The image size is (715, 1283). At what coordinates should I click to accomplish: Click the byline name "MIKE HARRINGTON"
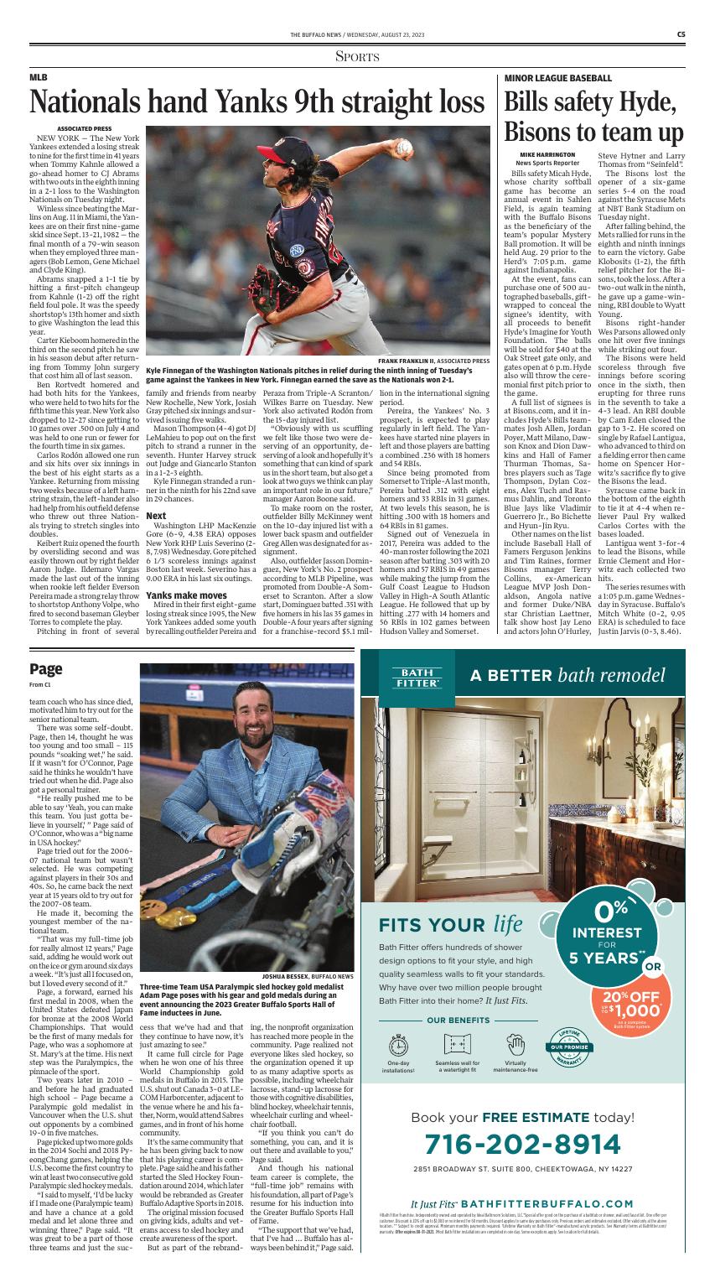547,155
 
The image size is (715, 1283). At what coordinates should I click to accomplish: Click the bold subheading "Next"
156,492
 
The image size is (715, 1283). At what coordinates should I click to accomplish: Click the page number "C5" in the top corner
683,34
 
